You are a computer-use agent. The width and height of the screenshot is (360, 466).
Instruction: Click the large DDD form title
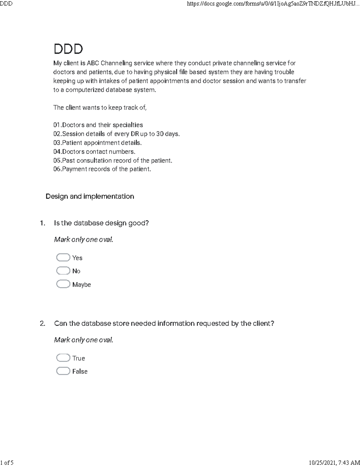68,49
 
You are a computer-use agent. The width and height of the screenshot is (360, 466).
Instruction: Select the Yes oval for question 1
63,257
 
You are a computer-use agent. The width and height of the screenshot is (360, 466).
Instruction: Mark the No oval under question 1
63,271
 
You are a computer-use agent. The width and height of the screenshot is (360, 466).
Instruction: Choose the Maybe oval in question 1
63,284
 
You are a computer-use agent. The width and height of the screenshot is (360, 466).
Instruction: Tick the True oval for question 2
63,358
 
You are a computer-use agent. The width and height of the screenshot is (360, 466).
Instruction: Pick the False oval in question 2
63,371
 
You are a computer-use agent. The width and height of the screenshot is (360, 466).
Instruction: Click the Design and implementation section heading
90,196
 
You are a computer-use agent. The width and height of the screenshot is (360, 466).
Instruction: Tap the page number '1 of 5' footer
7,462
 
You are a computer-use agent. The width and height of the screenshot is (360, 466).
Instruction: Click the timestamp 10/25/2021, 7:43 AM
334,462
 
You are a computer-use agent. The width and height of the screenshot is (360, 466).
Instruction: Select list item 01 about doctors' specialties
98,125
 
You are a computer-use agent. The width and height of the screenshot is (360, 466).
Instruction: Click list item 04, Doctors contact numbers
94,152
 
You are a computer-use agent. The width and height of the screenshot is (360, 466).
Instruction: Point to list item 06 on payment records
102,169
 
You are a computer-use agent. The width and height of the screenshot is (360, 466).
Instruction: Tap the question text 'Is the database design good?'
101,223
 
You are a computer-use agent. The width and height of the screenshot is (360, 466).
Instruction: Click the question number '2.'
42,323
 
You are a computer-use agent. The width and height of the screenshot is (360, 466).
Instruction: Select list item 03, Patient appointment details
97,143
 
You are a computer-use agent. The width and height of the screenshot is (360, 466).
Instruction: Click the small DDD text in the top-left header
6,4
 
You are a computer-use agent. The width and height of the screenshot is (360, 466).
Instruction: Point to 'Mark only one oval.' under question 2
84,340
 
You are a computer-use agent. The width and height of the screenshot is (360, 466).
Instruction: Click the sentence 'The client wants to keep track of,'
100,107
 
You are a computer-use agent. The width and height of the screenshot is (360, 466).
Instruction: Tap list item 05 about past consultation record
113,161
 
